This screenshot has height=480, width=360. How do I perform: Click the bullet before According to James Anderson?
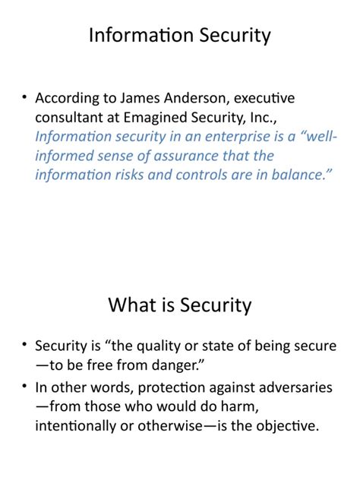pos(24,99)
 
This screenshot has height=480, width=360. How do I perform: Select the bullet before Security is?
pos(24,346)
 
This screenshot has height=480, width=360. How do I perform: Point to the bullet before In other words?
pos(24,387)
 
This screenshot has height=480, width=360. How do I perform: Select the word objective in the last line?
pos(280,425)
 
